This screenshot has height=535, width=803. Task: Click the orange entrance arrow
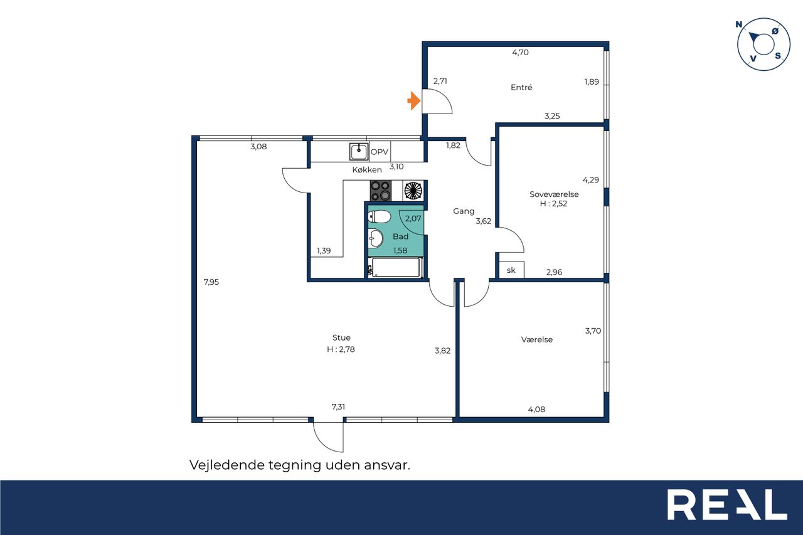[414, 101]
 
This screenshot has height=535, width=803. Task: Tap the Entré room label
[521, 87]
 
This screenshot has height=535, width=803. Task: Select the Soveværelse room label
[554, 194]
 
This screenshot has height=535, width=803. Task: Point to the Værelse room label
[536, 339]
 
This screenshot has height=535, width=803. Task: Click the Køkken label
[367, 169]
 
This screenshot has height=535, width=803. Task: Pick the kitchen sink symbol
[359, 152]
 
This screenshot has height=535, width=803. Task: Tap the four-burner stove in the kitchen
[381, 191]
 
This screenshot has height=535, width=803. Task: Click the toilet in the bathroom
[380, 216]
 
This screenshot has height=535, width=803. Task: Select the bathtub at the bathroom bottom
[396, 267]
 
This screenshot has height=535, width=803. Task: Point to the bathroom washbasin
[376, 238]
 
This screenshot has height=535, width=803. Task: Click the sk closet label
[511, 270]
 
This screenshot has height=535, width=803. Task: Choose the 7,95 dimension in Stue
[211, 282]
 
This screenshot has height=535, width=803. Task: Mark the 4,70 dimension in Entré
[520, 52]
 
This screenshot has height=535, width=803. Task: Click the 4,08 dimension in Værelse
[536, 409]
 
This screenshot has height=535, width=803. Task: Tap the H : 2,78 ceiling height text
[341, 349]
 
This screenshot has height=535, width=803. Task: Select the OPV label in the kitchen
[380, 152]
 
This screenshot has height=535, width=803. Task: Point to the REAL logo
[727, 504]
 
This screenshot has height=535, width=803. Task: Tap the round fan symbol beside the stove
[413, 191]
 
